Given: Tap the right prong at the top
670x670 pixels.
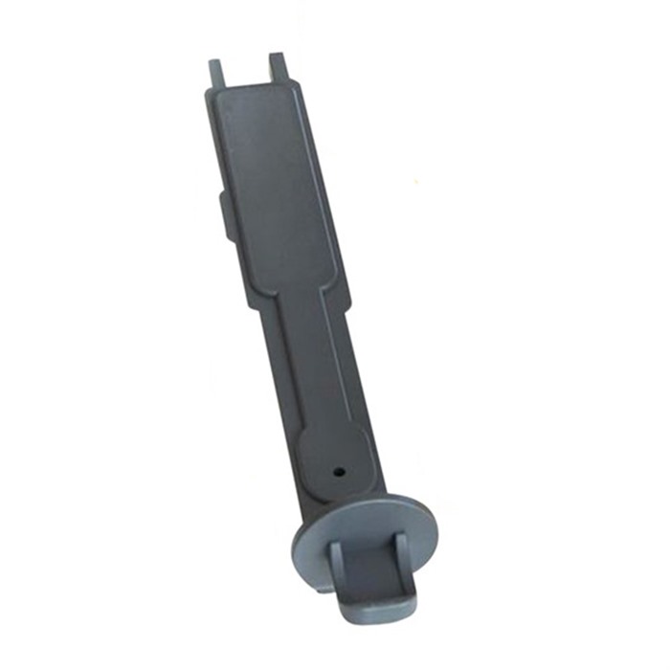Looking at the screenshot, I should (278, 65).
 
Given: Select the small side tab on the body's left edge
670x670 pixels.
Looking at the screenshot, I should (223, 215).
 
